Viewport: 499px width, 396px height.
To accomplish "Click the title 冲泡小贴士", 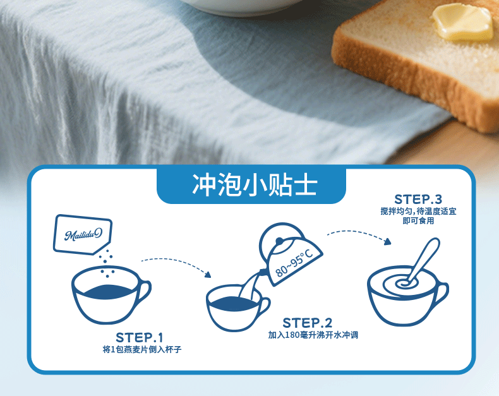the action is (x=255, y=184).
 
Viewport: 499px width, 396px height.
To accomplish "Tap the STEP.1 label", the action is (x=139, y=337).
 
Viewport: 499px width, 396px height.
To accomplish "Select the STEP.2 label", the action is (x=307, y=323).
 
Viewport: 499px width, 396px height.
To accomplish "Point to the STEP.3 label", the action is (x=418, y=200).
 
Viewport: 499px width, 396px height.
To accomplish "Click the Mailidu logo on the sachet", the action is (x=83, y=234).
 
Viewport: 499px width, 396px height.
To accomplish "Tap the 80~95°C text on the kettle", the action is (x=294, y=262).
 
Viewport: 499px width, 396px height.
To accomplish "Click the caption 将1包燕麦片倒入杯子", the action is (x=142, y=349).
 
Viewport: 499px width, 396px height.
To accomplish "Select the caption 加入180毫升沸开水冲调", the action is (x=313, y=335).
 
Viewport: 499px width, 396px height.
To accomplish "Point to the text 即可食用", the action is (x=418, y=220).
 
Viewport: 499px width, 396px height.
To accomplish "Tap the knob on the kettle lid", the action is (x=279, y=241).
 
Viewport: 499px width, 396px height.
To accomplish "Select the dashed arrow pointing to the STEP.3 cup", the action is (x=359, y=234).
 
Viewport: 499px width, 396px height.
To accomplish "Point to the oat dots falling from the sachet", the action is (x=107, y=263).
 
